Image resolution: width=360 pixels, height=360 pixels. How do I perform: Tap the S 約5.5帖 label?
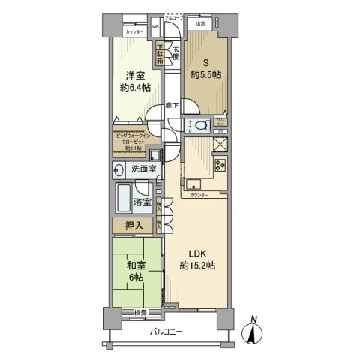click(x=206, y=70)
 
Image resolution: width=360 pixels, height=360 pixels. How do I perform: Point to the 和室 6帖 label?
click(x=135, y=270)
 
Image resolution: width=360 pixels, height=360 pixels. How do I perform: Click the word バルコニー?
click(x=166, y=331)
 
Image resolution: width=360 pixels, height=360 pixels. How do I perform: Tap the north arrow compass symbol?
click(x=254, y=331)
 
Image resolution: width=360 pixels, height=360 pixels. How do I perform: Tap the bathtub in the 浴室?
click(x=124, y=200)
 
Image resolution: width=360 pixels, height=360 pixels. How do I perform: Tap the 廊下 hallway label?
click(x=172, y=106)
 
